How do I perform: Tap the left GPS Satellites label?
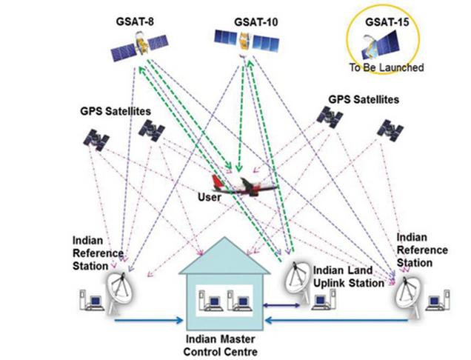[116, 110]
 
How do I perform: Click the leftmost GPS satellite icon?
[96, 138]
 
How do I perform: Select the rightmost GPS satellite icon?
[390, 129]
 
